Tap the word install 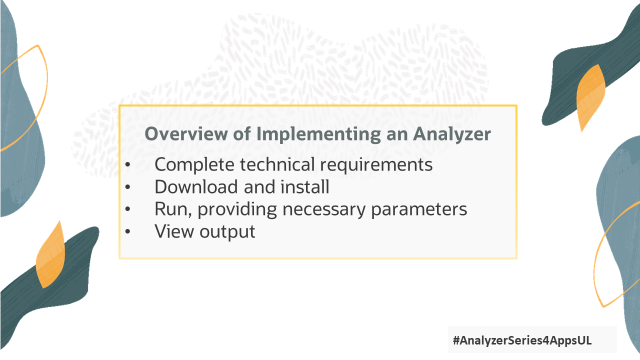tap(306, 187)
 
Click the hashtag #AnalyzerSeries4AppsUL tap(522, 340)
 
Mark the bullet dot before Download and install tap(128, 187)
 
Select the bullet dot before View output tap(128, 232)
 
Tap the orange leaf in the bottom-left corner tap(51, 255)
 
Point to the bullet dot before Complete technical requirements tap(128, 165)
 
